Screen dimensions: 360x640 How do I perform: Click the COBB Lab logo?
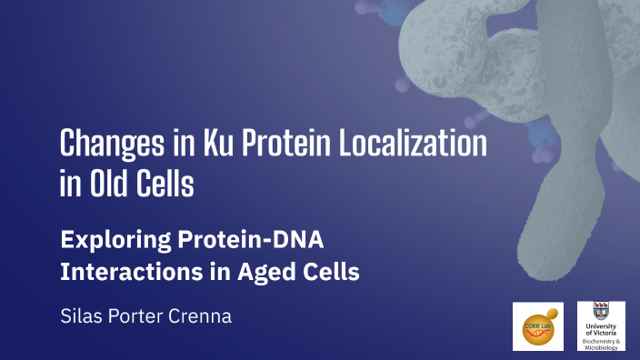[x=538, y=325]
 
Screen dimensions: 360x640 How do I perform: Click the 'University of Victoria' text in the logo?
[x=601, y=330]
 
